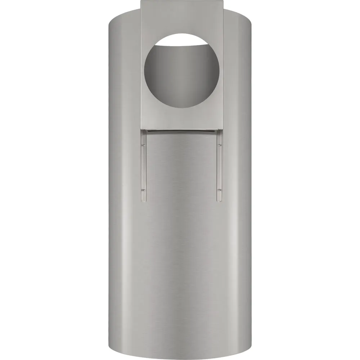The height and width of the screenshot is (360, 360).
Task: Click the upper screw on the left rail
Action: pos(143,145)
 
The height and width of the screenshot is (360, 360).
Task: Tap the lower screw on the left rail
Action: pos(143,189)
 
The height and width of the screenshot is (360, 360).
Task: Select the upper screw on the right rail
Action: pos(219,145)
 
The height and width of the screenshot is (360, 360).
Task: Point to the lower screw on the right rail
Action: pos(219,189)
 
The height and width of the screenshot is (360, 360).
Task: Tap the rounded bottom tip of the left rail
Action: pos(143,200)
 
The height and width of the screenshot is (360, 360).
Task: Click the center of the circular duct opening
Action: pos(180,68)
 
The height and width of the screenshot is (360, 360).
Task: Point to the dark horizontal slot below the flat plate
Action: pos(181,131)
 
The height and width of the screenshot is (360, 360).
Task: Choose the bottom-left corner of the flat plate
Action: pos(139,128)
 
